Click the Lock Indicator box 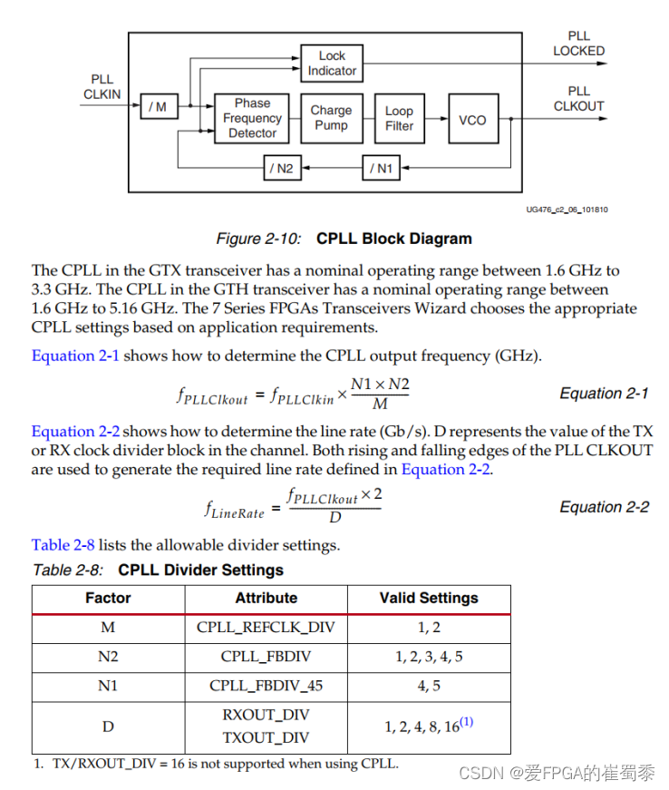pos(332,63)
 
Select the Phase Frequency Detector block pos(252,118)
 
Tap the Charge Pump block pos(331,118)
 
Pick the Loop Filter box pos(399,118)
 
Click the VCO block pos(472,119)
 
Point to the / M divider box pos(158,107)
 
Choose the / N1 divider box pos(382,168)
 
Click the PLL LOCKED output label pos(578,44)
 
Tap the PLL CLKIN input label pos(102,86)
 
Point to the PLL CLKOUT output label pos(578,98)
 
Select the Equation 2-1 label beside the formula pos(604,394)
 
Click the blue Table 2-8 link pos(63,545)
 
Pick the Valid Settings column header pos(428,599)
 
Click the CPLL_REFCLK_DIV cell pos(266,628)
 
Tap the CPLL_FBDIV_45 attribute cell pos(266,686)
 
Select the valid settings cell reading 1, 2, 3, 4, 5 pos(428,657)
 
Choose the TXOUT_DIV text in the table pos(266,737)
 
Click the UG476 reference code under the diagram pos(567,210)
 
